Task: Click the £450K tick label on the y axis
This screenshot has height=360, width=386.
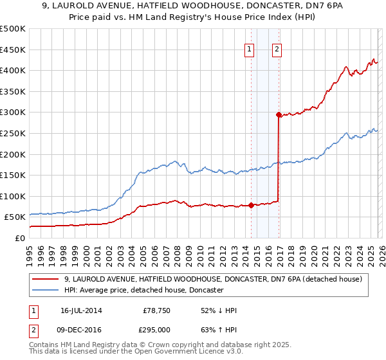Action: point(13,50)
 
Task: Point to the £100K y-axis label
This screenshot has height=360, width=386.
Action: point(13,196)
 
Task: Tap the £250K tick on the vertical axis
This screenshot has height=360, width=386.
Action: point(13,133)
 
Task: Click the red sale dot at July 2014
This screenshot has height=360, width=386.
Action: point(250,206)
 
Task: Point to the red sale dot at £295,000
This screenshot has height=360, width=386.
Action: point(278,115)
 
